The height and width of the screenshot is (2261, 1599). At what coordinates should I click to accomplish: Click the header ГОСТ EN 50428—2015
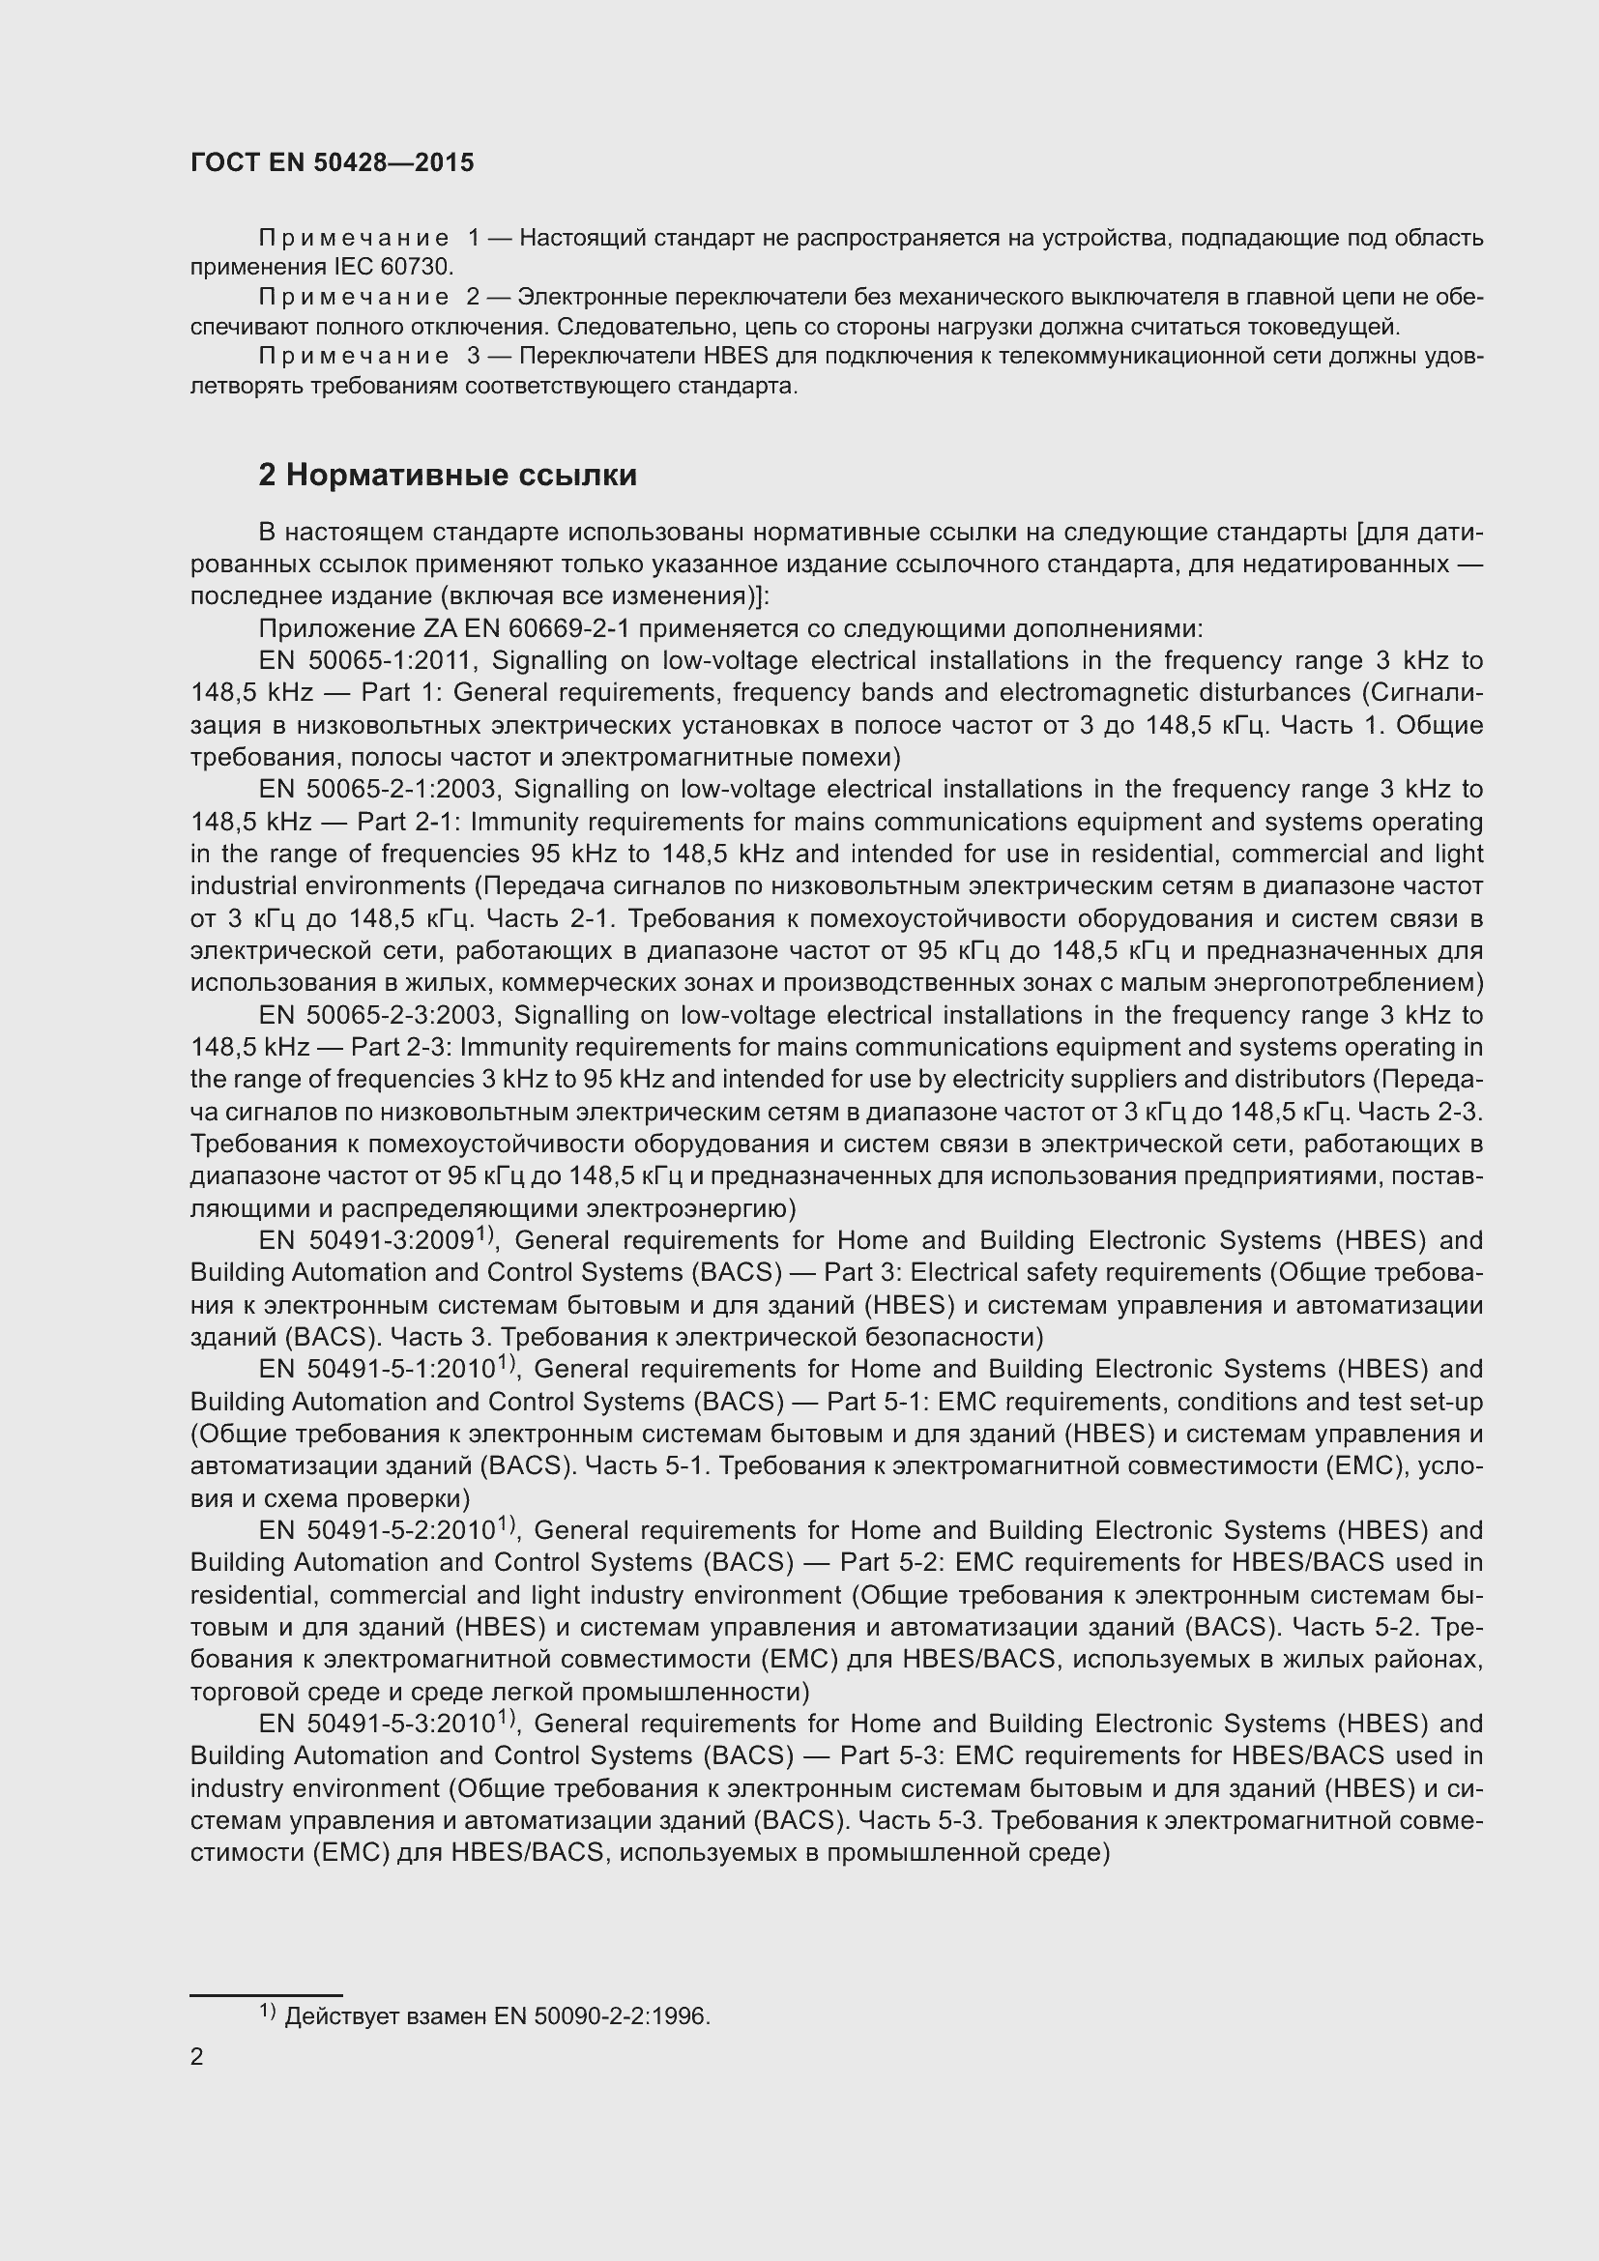click(x=332, y=162)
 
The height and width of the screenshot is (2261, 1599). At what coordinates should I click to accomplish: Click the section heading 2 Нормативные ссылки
click(x=447, y=476)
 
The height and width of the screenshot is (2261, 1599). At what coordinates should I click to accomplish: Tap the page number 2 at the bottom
click(x=197, y=2056)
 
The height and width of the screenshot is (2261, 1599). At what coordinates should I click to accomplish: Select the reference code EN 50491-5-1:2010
click(x=377, y=1370)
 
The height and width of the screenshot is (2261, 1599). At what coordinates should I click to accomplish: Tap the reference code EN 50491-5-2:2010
click(x=377, y=1530)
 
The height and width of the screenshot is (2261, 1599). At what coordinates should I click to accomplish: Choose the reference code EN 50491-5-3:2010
click(x=377, y=1724)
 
